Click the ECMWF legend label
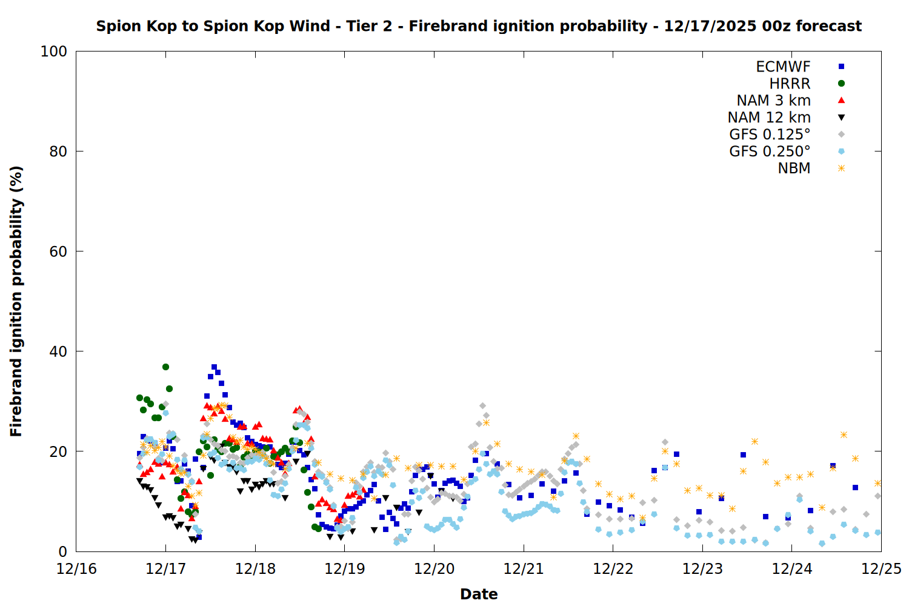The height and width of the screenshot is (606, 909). [783, 67]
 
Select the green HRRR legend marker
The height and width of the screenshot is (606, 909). [841, 84]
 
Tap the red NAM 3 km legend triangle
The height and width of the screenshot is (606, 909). [841, 101]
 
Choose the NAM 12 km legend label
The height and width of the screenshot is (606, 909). [769, 118]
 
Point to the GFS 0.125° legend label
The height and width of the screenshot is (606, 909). [770, 135]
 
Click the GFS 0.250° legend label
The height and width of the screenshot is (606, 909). [770, 151]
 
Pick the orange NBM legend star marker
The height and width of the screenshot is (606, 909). [841, 168]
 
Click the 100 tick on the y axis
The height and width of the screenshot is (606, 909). [54, 52]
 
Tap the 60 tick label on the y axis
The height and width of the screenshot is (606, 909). [58, 251]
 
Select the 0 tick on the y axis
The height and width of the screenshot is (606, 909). [62, 551]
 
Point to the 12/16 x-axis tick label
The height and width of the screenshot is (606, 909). [76, 569]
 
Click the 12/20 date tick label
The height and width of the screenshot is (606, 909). [434, 569]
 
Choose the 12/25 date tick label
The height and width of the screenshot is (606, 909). [881, 569]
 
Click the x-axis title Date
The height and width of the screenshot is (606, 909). [479, 594]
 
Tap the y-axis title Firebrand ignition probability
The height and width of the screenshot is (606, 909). [16, 301]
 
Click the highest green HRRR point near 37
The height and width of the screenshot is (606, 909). [165, 367]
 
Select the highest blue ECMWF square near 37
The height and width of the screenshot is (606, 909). [214, 367]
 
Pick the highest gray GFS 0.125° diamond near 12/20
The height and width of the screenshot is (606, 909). [482, 405]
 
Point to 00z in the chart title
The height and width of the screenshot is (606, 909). [776, 26]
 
